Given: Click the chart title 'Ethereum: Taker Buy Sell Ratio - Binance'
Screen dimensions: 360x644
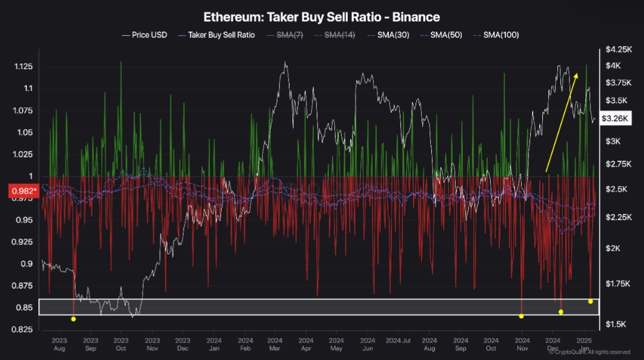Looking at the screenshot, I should (322, 16).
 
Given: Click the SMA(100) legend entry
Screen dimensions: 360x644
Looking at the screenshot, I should (500, 35).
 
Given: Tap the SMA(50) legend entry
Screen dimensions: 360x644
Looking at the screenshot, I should (446, 35).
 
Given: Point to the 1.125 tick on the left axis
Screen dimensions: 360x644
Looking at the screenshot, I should (23, 66).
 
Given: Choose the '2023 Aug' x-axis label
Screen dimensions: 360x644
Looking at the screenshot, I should (59, 344).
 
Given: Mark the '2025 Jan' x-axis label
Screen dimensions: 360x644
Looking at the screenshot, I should (584, 344).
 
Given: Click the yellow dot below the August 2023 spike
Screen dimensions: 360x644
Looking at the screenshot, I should (73, 319).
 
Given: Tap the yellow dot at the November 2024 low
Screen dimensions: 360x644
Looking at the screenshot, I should (521, 316).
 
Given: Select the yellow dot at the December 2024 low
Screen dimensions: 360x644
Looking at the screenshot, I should (561, 312).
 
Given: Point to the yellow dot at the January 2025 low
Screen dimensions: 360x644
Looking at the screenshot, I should (590, 301).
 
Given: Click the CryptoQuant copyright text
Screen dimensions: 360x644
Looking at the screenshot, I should (596, 352).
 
